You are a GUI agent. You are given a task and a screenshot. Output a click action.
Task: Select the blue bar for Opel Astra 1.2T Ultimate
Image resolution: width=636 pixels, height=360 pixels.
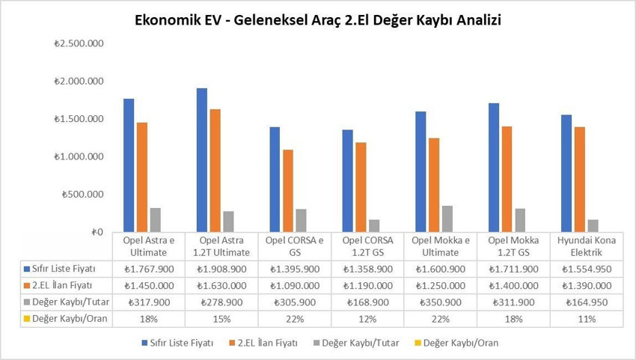coord(202,160)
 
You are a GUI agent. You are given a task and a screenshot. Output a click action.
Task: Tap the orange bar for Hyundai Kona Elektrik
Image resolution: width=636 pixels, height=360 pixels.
coord(579,180)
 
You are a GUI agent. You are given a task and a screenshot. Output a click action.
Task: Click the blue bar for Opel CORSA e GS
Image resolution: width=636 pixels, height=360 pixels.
coord(275,180)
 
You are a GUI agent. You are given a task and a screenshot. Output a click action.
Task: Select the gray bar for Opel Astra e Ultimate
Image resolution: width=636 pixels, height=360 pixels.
coord(156,220)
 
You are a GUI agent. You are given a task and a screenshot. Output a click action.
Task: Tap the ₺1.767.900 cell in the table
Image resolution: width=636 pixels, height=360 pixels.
coord(150,269)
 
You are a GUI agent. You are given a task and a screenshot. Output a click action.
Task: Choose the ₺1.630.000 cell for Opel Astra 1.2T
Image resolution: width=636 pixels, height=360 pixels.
coord(222,286)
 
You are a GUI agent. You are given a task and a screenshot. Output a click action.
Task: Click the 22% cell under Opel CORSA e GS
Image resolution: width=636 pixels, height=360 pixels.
coord(295,319)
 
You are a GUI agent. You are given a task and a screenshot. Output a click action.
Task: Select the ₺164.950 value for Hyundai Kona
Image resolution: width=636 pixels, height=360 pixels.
coord(587,302)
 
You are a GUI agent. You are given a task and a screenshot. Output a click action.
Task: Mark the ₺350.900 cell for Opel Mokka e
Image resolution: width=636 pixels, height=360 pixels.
coord(441,302)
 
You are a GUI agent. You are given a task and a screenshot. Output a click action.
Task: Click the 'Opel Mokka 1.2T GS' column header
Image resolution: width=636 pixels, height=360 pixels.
coord(513,246)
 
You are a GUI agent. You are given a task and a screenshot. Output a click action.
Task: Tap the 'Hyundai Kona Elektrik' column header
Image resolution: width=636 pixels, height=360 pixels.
coord(587,246)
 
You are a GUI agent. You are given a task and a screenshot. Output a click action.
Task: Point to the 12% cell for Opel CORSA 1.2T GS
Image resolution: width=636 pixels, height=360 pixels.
coord(368,319)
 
